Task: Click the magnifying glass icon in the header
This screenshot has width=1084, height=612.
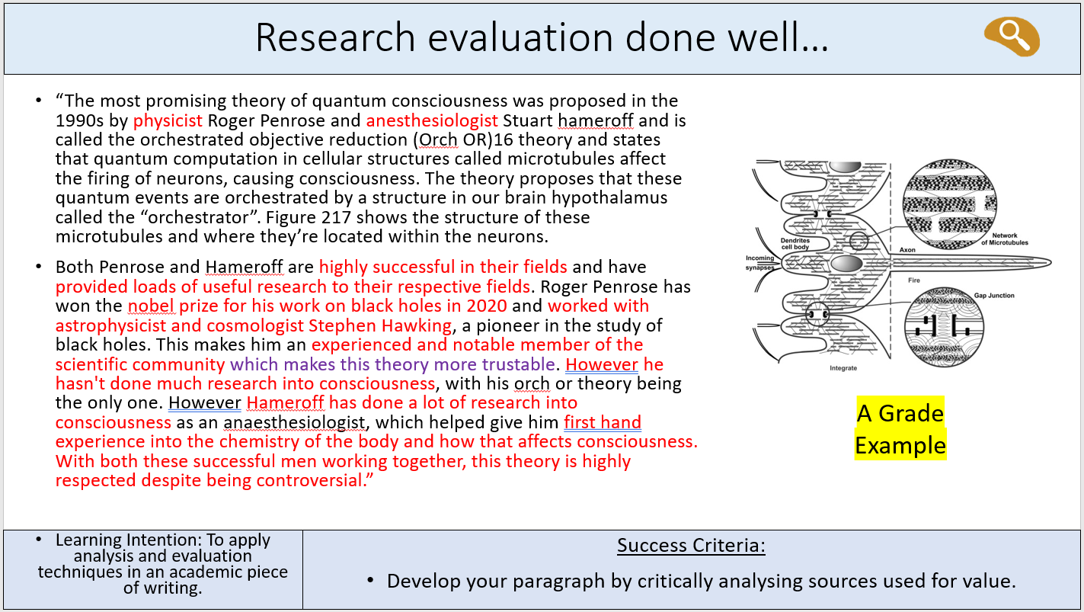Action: tap(1012, 37)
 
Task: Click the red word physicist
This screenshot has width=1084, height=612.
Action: tap(168, 120)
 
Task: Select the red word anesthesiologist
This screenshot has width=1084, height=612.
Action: tap(432, 120)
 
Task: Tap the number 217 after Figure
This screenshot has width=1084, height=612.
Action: tap(336, 217)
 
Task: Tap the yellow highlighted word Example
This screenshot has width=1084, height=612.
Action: tap(900, 445)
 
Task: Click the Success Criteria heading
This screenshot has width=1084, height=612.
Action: tap(691, 546)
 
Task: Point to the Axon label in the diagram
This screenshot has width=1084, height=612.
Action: tap(907, 250)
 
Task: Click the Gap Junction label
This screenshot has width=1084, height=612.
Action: tap(994, 296)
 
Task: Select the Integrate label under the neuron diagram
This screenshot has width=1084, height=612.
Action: tap(843, 368)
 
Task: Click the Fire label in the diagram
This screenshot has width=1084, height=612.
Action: tap(913, 280)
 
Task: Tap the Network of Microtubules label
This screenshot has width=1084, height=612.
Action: tap(1005, 239)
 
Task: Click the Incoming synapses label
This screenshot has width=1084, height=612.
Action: tap(759, 262)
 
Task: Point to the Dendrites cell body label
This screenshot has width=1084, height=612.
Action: tap(795, 244)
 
